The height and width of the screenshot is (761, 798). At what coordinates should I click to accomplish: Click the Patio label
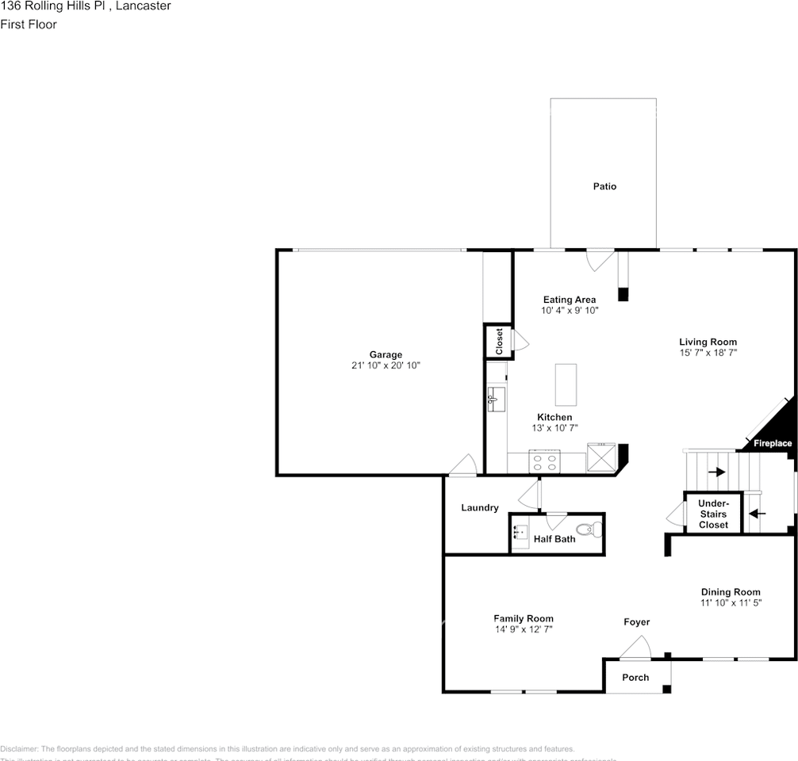(x=604, y=186)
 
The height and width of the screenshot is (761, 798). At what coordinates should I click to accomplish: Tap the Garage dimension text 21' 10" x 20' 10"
(x=386, y=365)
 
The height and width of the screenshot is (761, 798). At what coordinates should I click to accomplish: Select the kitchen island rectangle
(x=566, y=384)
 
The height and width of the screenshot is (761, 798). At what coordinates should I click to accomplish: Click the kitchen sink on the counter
(x=497, y=399)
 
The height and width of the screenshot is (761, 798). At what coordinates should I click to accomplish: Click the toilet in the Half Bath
(x=588, y=529)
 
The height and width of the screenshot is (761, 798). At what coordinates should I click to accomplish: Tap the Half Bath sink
(x=520, y=532)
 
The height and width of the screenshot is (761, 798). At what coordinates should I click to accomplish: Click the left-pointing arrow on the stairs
(x=757, y=513)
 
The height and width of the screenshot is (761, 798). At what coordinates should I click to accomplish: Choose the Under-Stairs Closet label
(x=713, y=514)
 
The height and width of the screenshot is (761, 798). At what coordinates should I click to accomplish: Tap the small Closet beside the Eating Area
(x=499, y=342)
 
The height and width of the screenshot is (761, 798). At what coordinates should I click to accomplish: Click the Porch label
(x=635, y=677)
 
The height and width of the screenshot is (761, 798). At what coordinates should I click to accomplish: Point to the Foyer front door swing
(x=635, y=648)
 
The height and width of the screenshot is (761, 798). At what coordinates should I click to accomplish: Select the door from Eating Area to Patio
(x=600, y=259)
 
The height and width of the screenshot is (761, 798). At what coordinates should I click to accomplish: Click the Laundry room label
(x=480, y=507)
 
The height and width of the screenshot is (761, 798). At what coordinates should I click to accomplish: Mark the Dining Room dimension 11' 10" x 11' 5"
(x=731, y=603)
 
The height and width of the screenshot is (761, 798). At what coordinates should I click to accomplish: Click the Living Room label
(x=708, y=342)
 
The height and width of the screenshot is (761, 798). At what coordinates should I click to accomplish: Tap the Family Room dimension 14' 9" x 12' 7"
(x=524, y=629)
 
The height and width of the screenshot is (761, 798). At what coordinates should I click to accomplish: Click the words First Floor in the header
(x=29, y=24)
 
